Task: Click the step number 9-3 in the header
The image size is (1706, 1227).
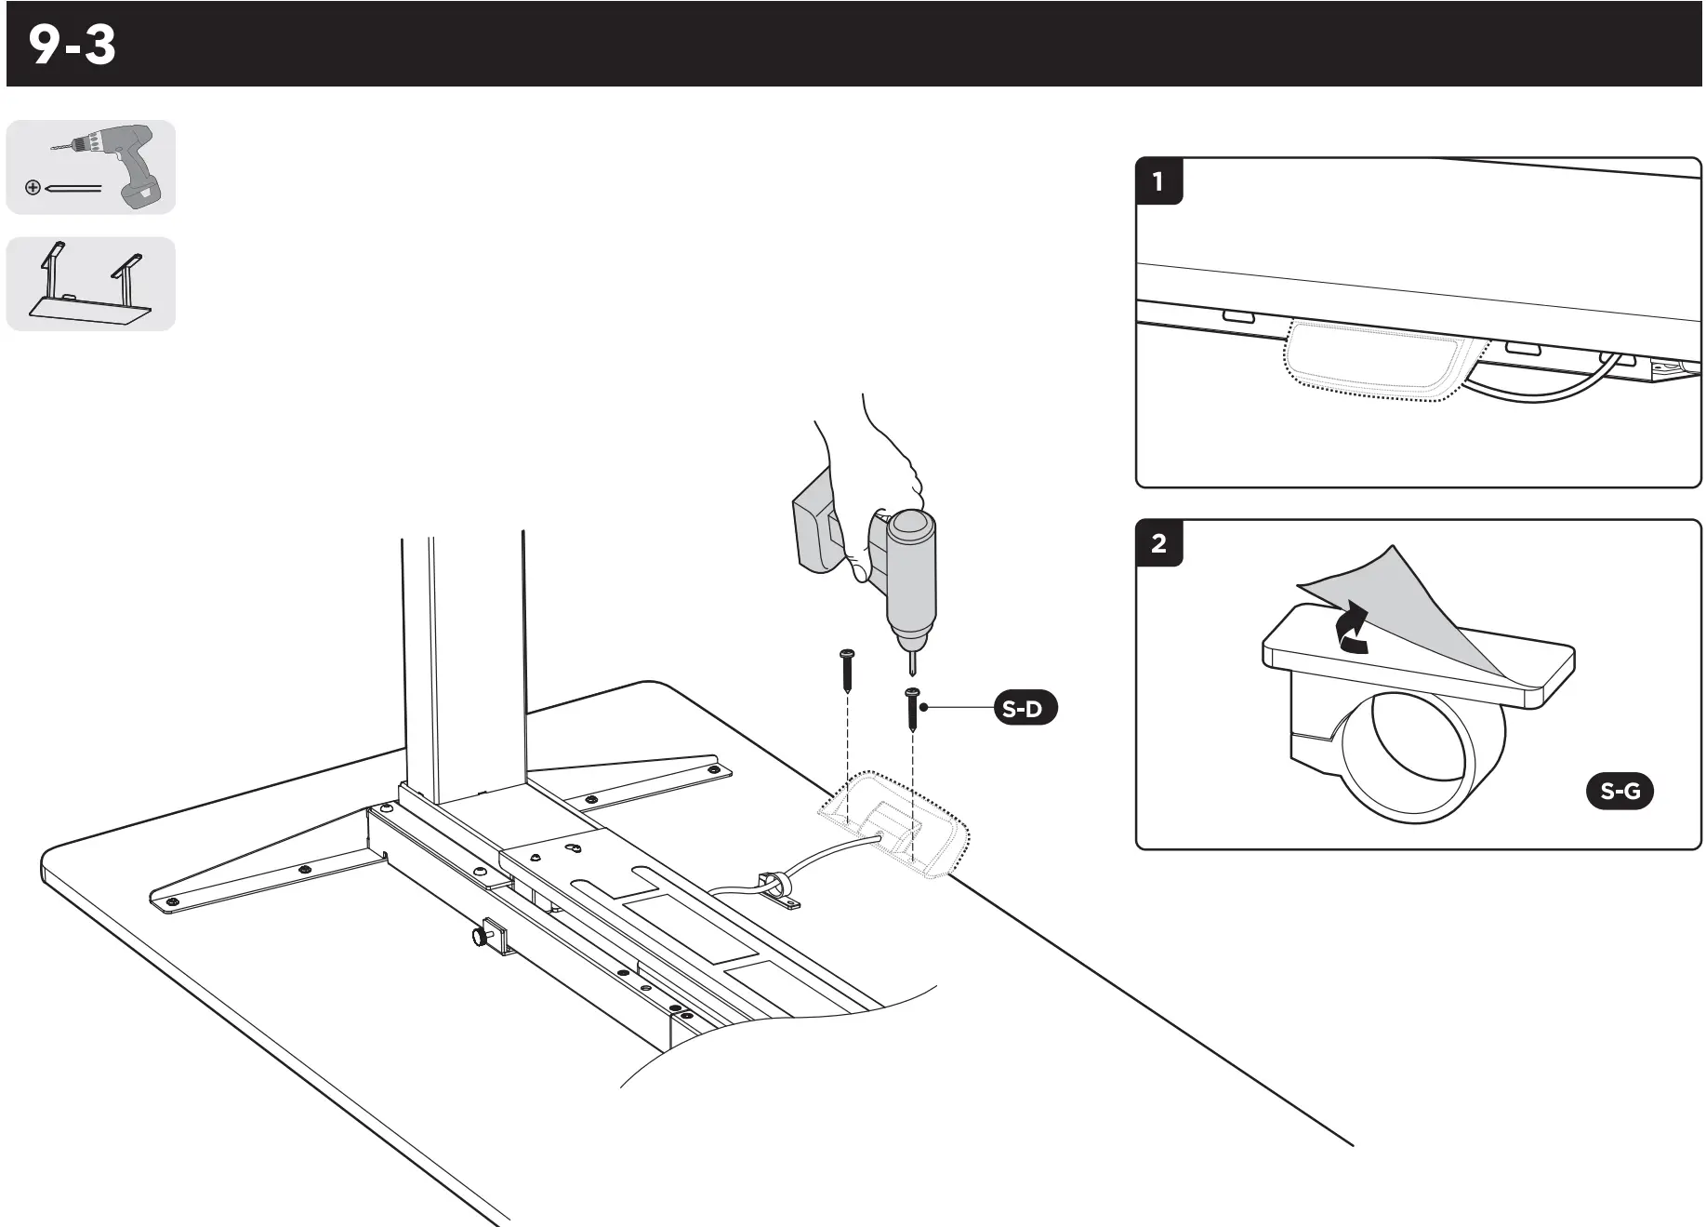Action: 73,45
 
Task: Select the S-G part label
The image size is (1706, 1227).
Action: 1620,792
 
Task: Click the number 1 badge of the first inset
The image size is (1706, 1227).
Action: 1158,181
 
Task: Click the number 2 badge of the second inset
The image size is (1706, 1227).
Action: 1158,543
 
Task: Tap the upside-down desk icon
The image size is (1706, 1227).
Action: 91,285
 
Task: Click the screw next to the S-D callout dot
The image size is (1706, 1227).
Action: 912,710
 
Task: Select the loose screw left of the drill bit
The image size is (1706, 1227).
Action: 847,670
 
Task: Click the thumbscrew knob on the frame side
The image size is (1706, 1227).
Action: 479,936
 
